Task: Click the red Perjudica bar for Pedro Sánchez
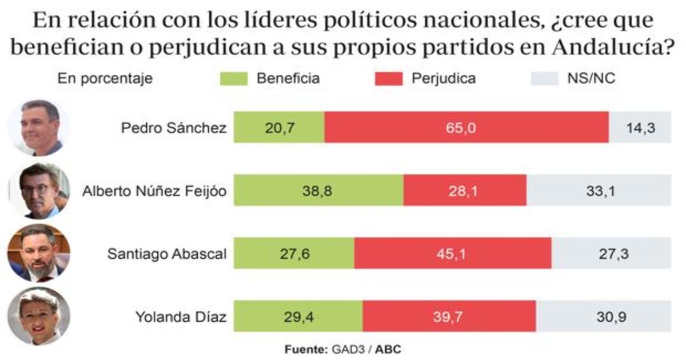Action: pos(466,127)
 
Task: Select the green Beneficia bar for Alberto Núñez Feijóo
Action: pos(318,190)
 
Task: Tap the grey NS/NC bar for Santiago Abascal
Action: pos(611,253)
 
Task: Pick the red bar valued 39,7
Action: pos(449,316)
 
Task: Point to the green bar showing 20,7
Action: pos(279,127)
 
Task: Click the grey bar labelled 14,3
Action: pos(640,127)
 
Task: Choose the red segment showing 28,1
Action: pos(465,190)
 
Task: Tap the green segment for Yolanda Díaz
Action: pos(298,316)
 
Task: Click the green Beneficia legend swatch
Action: pos(234,79)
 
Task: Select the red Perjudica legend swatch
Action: pos(389,79)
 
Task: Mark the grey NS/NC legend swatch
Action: pos(544,79)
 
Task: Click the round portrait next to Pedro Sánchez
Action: pos(39,127)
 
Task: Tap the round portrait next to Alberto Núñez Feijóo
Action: pos(39,191)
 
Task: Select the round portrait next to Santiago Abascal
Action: pos(39,253)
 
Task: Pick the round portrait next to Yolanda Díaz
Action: pos(39,316)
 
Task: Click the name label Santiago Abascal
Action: pos(167,253)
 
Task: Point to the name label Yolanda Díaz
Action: pos(181,316)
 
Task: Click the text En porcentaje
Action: pos(105,79)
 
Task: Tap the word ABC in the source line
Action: pos(389,349)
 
